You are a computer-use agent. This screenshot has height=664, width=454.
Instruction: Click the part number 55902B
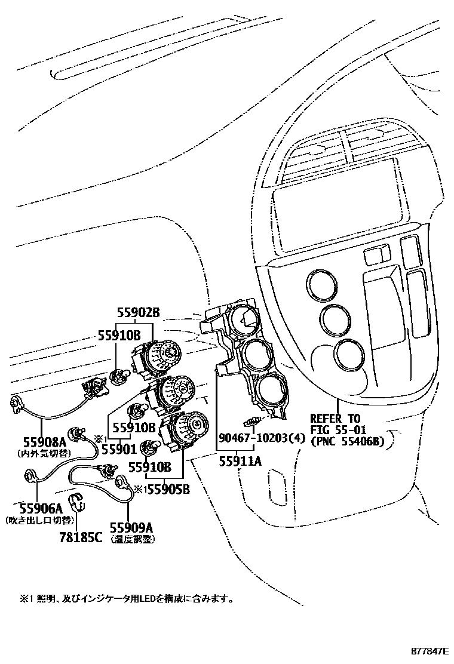pos(138,312)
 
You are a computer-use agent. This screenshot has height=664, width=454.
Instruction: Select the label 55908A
pos(44,442)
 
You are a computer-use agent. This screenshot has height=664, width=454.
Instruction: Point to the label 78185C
pos(81,537)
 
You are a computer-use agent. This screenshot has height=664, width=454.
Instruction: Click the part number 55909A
pos(131,527)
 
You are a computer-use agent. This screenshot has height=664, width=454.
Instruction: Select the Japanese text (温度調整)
pos(131,539)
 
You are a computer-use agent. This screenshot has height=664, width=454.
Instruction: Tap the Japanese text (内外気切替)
pos(45,453)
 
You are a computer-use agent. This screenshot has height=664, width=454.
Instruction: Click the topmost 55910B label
pos(119,336)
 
